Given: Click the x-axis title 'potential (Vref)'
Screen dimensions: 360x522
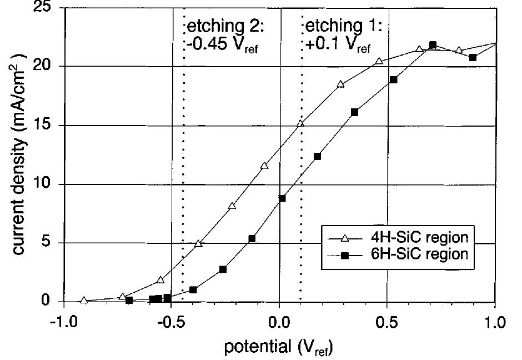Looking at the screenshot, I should click(279, 348).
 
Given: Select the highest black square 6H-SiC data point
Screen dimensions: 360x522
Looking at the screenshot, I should click(433, 45).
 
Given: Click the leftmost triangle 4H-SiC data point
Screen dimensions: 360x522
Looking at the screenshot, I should click(84, 301).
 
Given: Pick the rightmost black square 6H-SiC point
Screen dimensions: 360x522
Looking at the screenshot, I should click(473, 57).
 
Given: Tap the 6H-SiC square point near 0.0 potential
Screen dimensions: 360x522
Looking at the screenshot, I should click(282, 198).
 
